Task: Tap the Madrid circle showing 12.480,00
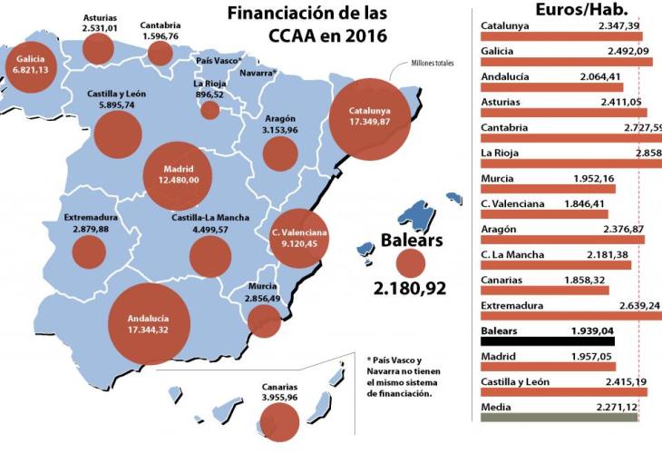[178, 173]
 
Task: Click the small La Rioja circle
[210, 110]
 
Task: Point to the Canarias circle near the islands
[279, 419]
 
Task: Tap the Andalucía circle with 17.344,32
[150, 324]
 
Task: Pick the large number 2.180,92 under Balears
[411, 290]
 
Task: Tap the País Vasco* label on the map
[219, 60]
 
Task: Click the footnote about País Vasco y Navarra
[400, 376]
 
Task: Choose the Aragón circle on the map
[279, 153]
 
